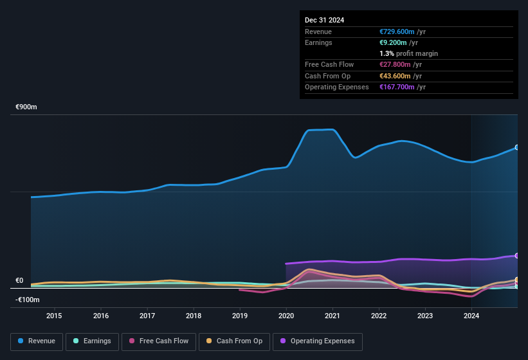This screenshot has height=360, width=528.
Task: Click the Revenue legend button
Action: coord(36,341)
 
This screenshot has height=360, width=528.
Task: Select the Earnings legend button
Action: coord(92,341)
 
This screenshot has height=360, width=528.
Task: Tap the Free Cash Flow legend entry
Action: coord(158,341)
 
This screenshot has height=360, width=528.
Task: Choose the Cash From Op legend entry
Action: coord(234,341)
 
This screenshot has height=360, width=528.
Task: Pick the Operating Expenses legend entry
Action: coord(318,341)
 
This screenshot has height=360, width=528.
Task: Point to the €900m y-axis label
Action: coord(26,107)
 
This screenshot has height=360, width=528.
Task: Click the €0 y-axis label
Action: coord(19,280)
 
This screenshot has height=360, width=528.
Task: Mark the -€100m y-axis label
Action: coord(27,300)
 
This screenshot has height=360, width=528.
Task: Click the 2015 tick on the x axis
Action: coord(54,316)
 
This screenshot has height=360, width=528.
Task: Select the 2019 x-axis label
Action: coord(239,316)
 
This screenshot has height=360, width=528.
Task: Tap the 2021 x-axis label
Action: coord(332,316)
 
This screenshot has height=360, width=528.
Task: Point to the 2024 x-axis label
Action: coord(471,316)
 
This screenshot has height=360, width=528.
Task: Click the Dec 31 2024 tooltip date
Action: coord(324,20)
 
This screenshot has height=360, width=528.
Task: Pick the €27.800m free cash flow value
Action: coord(395,65)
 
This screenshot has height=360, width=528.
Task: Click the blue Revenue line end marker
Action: coord(516,148)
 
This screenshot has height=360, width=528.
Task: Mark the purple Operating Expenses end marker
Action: coord(516,256)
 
